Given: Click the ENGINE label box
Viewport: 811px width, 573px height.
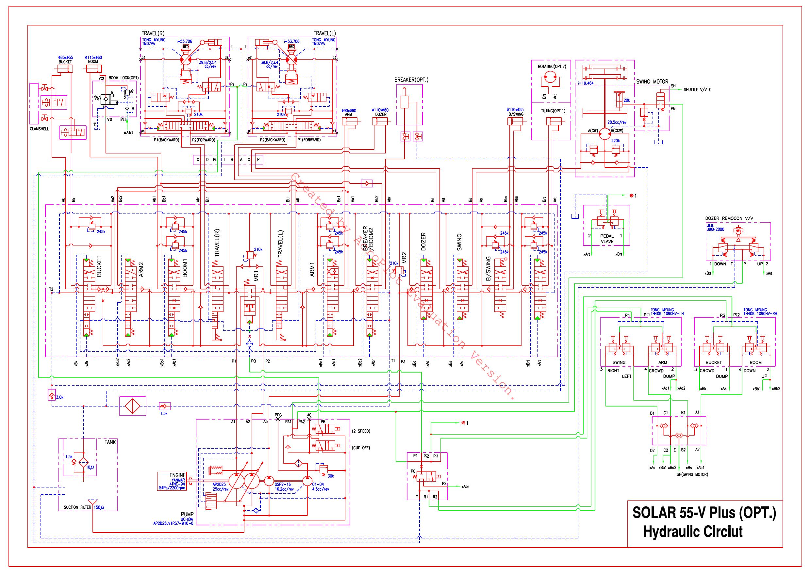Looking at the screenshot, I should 172,481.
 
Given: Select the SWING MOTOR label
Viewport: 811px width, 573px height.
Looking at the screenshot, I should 652,82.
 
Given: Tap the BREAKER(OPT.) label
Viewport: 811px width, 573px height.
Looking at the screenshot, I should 411,80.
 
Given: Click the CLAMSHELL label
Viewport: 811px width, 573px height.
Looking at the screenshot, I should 39,129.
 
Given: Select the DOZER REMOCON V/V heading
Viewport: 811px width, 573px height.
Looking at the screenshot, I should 729,218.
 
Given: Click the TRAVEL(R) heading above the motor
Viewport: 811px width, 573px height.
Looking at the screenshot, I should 153,33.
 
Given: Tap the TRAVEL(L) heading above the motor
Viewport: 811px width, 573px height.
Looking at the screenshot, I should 324,33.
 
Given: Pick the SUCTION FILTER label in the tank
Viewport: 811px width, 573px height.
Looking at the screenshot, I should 76,507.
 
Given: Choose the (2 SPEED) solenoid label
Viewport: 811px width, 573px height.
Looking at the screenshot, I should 361,431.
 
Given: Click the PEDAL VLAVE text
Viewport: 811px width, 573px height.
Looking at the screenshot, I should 607,239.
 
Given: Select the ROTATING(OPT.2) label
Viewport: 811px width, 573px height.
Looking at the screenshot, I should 552,66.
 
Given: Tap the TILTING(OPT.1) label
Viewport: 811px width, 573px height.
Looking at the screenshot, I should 553,111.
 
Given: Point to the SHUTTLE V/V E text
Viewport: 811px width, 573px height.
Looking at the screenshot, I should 697,90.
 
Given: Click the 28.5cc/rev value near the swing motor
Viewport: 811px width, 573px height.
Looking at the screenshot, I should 617,122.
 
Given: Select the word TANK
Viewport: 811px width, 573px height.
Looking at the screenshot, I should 110,442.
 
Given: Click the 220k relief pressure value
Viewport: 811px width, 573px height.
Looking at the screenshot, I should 615,140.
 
